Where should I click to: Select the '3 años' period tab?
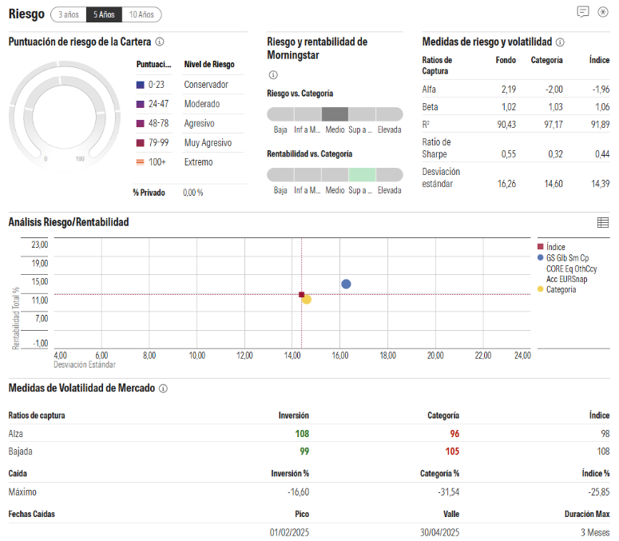click(68, 14)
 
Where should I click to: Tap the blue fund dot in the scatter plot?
click(346, 284)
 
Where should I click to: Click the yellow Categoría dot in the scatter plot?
click(307, 300)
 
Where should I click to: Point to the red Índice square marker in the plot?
click(301, 295)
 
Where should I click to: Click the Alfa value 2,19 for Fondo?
click(508, 89)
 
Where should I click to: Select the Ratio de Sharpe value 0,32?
click(554, 153)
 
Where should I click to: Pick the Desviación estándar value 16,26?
click(506, 183)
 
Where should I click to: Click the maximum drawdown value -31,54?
click(447, 491)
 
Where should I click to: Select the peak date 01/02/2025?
click(289, 532)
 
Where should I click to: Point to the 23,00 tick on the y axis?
click(39, 245)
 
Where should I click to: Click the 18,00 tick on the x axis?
click(387, 355)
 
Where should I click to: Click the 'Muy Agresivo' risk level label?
click(208, 143)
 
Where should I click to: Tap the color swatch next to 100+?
click(141, 162)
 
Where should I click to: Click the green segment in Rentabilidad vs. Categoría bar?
click(362, 174)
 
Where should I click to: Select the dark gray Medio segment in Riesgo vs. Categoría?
click(335, 113)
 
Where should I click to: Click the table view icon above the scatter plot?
click(602, 222)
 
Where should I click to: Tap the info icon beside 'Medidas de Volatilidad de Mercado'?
click(163, 388)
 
